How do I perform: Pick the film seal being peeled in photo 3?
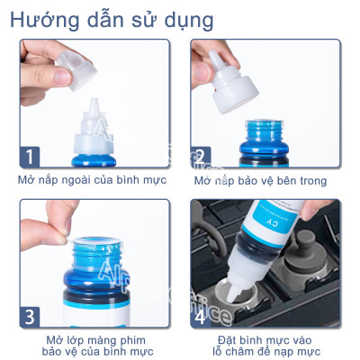click(x=76, y=236)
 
